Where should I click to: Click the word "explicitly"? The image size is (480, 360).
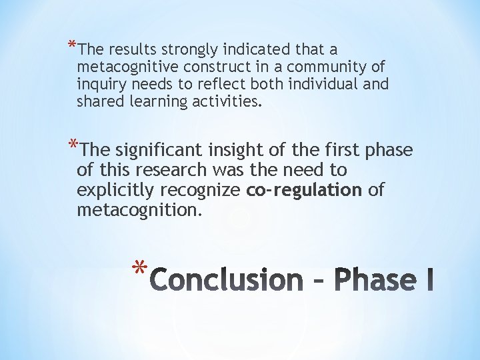click(x=115, y=190)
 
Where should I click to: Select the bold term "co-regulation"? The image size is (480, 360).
click(x=303, y=190)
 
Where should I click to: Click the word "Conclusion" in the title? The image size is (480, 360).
click(x=226, y=279)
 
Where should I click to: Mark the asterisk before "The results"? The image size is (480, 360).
click(x=71, y=47)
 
